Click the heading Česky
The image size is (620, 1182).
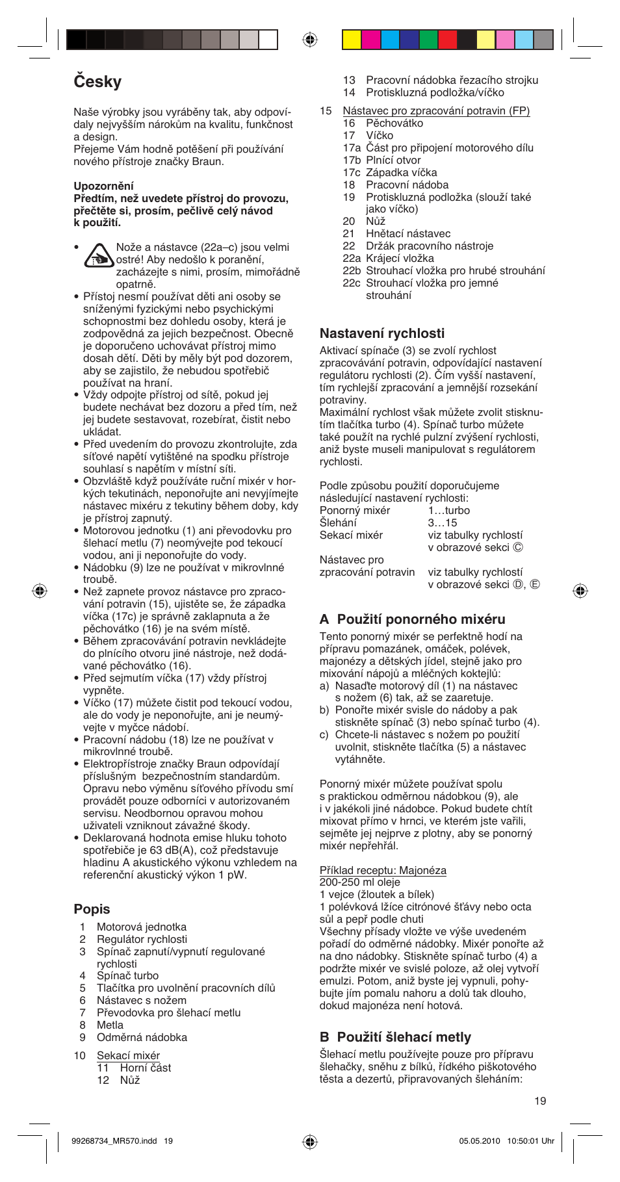point(97,82)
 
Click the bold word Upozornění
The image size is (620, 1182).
point(103,186)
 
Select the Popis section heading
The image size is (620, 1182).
point(92,909)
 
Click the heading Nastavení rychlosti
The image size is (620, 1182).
point(381,333)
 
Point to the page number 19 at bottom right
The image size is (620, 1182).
point(540,1101)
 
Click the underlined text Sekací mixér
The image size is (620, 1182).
point(128,1055)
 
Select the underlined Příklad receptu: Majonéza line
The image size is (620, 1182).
point(383,870)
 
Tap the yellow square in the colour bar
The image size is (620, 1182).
point(352,40)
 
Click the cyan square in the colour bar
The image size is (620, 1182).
point(390,40)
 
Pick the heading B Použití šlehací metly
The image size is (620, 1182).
point(395,1037)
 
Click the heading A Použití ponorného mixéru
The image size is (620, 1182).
point(412,619)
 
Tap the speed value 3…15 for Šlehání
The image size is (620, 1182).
point(442,522)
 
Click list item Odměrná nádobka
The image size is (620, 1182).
point(142,1037)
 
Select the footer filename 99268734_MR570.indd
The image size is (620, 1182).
point(114,1140)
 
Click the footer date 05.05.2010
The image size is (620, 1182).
point(480,1140)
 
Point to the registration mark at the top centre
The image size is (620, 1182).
point(310,40)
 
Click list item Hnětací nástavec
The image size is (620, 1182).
point(407,233)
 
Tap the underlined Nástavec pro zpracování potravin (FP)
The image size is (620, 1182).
point(436,110)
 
